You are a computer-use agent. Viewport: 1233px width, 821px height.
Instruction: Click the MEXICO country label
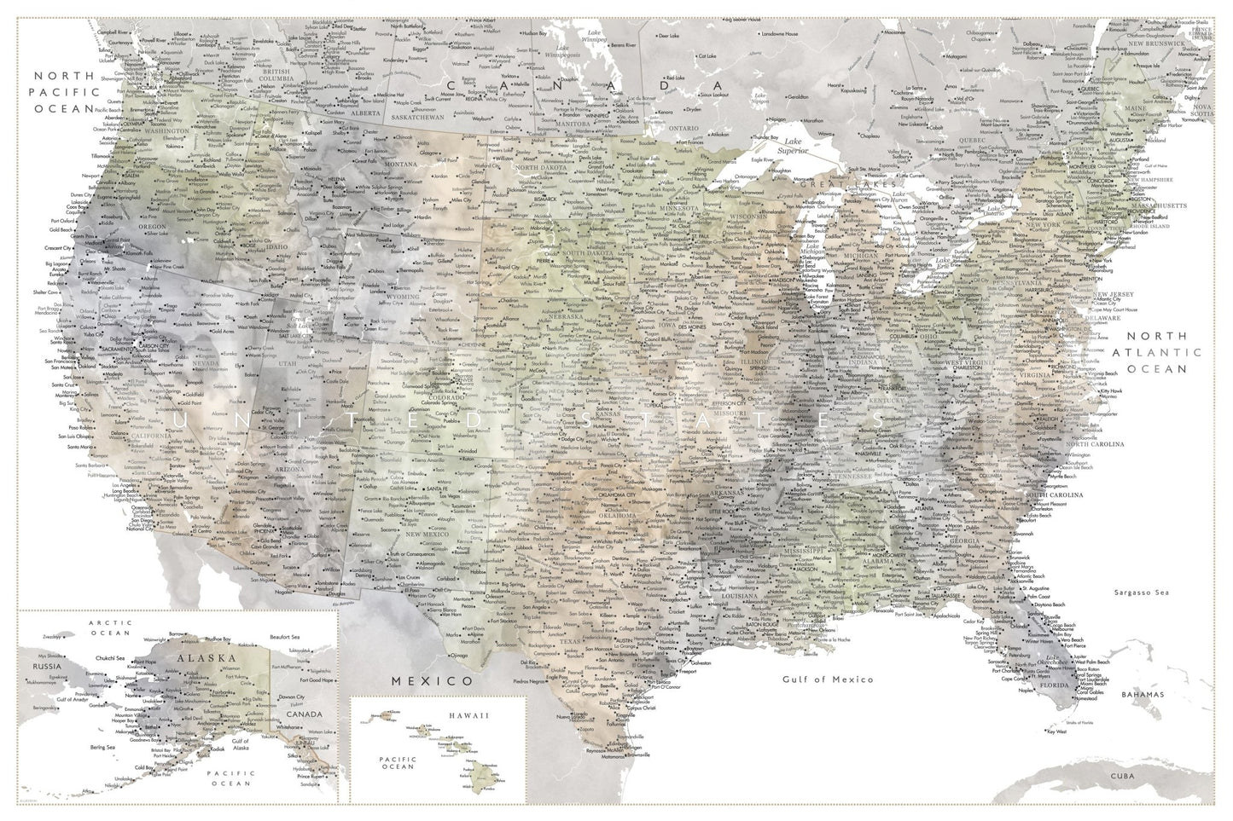tap(431, 682)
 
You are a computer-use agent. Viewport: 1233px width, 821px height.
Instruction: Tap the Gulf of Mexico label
tap(828, 679)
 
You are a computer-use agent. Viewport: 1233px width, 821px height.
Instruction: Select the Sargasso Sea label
tap(1143, 592)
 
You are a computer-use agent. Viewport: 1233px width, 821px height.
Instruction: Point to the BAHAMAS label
tap(1143, 695)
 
